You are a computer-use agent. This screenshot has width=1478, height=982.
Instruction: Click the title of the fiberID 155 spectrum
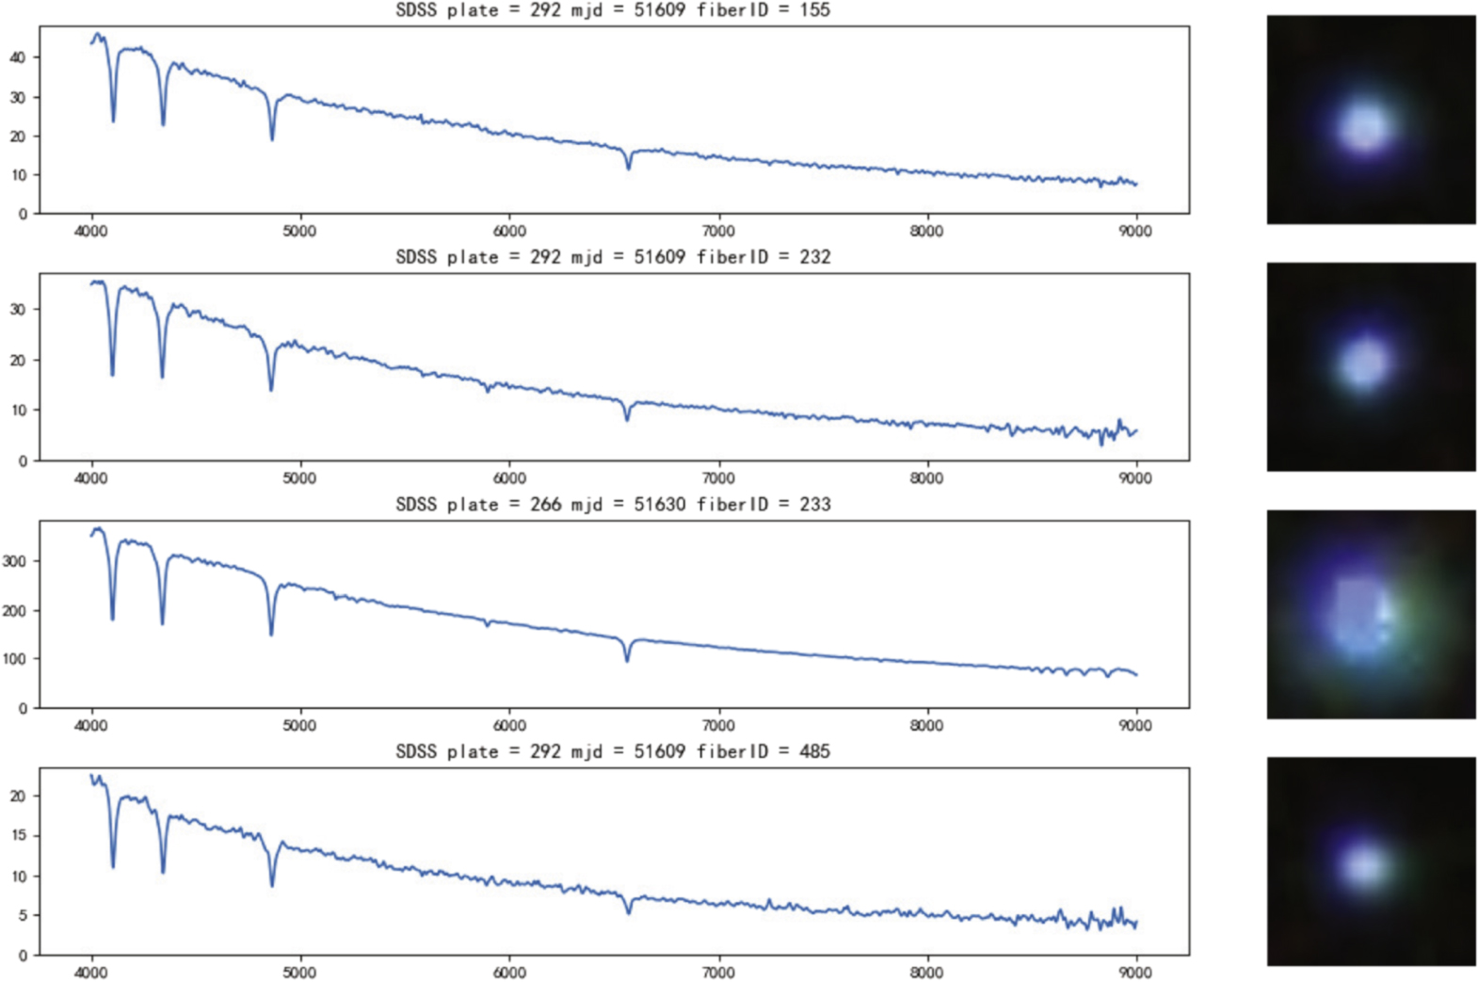tap(613, 10)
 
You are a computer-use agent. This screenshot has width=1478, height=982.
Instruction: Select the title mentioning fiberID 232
tap(613, 257)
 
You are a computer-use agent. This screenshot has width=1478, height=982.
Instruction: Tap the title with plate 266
tap(613, 505)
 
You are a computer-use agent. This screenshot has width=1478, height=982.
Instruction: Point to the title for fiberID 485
tap(613, 751)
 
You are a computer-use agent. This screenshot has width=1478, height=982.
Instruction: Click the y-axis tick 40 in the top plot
tap(18, 57)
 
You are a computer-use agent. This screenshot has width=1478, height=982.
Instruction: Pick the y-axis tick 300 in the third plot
tap(14, 561)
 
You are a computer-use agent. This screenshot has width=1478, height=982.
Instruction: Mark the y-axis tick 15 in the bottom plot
tap(18, 836)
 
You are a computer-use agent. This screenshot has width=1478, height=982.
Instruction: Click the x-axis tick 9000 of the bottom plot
tap(1135, 973)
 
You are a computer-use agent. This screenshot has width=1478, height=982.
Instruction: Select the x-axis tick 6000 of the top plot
tap(509, 232)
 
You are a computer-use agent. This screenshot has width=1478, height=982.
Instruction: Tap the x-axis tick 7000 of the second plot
tap(718, 478)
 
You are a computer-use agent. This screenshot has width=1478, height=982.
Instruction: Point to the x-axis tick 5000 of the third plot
tap(300, 726)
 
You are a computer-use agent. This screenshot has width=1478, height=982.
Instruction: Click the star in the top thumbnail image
tap(1364, 126)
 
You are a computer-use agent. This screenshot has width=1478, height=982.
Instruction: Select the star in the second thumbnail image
tap(1364, 362)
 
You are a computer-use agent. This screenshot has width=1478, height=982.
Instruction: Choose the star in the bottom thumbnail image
tap(1364, 864)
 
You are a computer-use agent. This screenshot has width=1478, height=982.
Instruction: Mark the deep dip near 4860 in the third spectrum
tap(271, 633)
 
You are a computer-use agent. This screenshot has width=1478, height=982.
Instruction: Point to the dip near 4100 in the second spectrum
tap(113, 373)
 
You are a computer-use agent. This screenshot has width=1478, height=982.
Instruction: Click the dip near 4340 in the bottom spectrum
tap(163, 870)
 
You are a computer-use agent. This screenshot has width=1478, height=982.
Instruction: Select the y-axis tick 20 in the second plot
tap(18, 361)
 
